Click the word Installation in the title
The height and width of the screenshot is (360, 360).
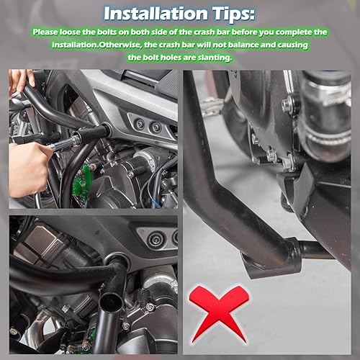(150, 14)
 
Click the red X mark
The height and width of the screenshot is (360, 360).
(219, 312)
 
